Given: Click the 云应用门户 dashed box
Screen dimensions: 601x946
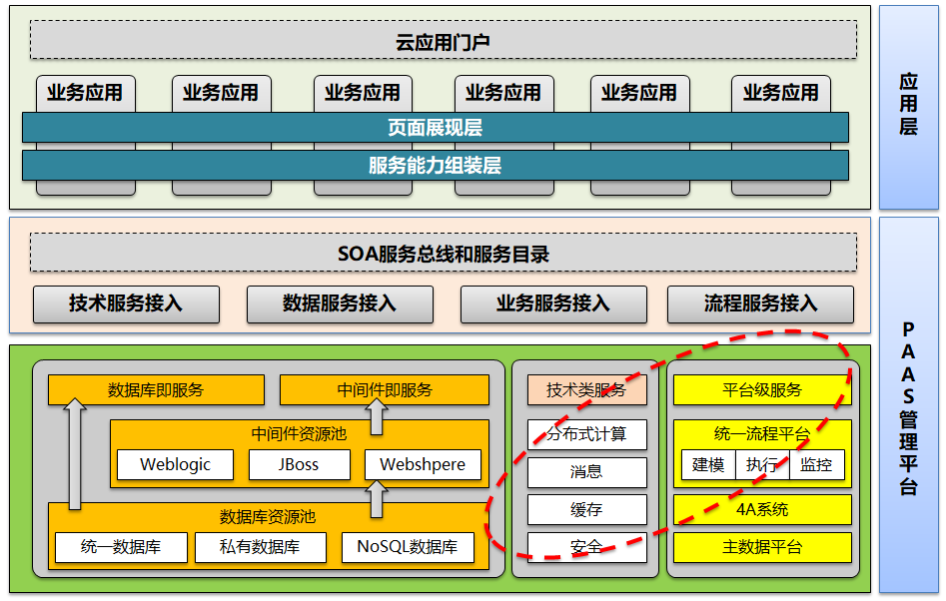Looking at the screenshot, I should [x=443, y=41].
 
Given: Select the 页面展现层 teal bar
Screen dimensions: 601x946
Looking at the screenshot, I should [x=435, y=128].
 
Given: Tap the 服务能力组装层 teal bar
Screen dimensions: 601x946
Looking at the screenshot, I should [x=435, y=166].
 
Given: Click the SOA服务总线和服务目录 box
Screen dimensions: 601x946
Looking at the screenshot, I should [x=443, y=254].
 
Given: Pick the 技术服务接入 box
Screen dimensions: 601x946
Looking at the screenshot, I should [x=126, y=303].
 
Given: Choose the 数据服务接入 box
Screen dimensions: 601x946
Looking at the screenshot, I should [x=340, y=303].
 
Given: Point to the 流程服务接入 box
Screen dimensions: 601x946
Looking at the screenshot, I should [x=760, y=303].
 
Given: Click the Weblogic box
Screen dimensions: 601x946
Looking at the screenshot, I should [x=175, y=465].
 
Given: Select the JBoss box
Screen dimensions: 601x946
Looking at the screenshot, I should [x=299, y=465].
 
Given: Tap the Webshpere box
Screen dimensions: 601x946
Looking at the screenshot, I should [x=423, y=465].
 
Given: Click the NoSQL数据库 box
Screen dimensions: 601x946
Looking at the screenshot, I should [x=408, y=547].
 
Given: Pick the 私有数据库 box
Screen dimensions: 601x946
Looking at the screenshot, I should [x=260, y=547].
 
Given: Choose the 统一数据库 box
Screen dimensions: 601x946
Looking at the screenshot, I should [x=121, y=547].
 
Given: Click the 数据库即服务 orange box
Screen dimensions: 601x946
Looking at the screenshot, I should [x=156, y=390].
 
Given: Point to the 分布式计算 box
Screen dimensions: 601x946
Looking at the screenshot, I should [x=586, y=435].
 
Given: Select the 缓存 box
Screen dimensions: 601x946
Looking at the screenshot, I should [x=586, y=510].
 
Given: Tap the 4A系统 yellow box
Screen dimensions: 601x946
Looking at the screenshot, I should [x=762, y=509].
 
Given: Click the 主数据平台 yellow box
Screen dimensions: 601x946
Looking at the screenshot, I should [x=762, y=547].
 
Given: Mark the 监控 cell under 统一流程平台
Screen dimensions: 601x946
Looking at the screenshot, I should [x=816, y=465].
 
